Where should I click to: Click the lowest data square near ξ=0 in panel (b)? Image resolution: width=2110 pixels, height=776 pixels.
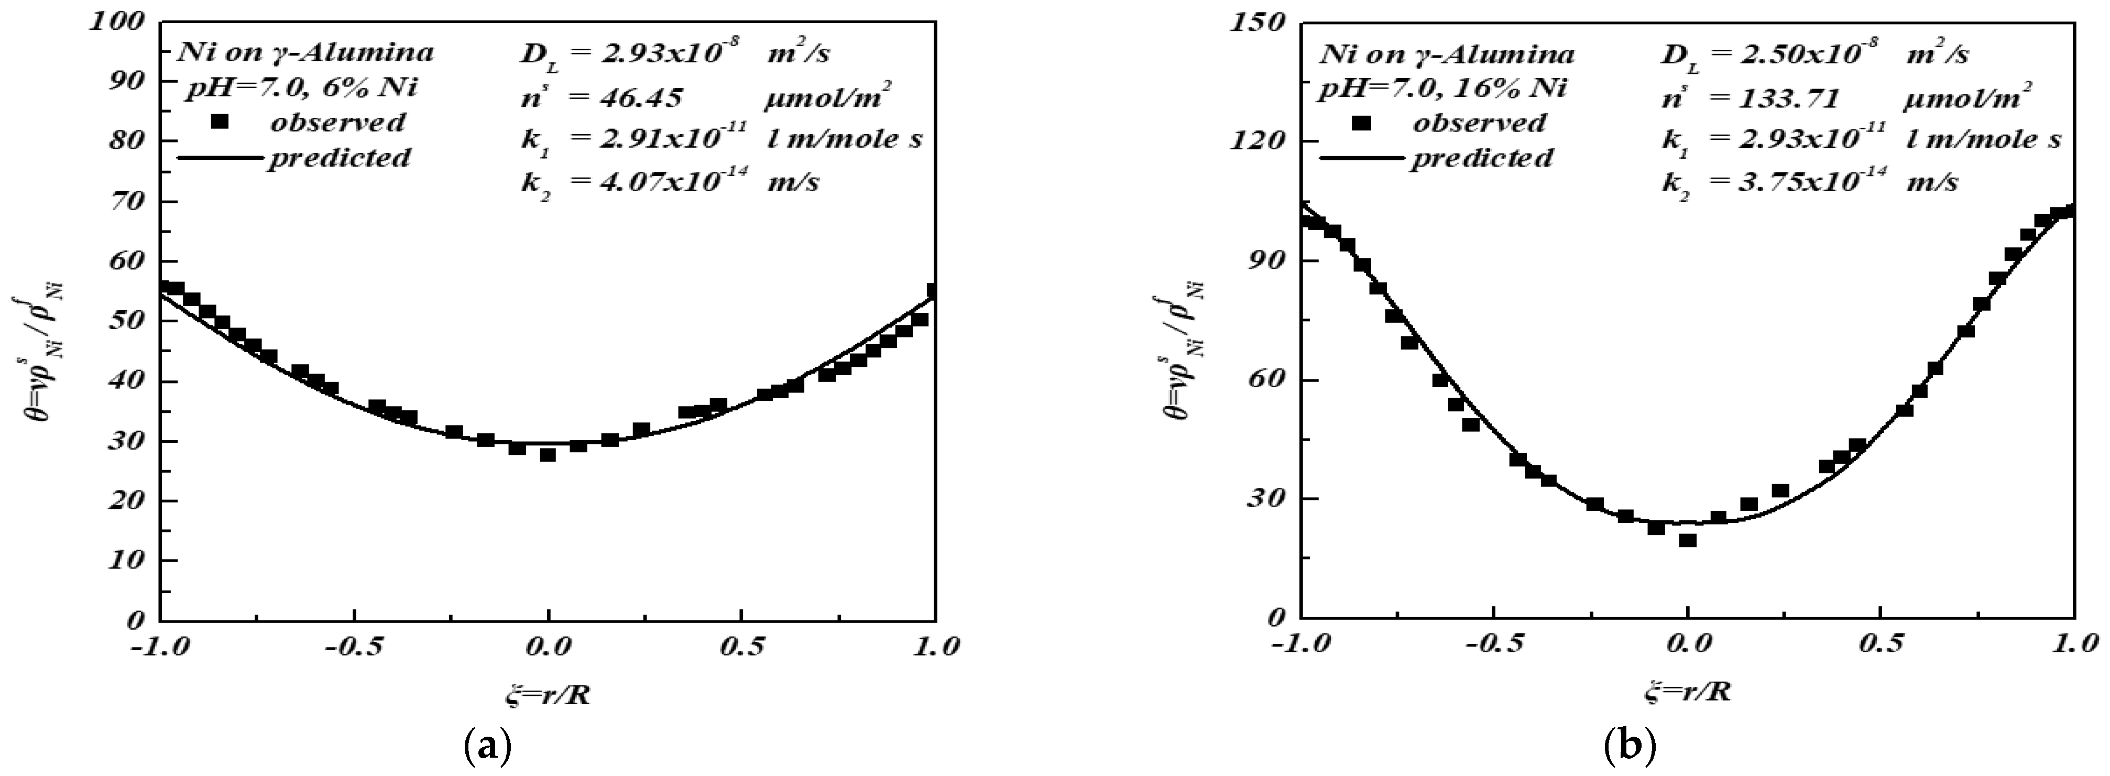tap(1687, 540)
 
